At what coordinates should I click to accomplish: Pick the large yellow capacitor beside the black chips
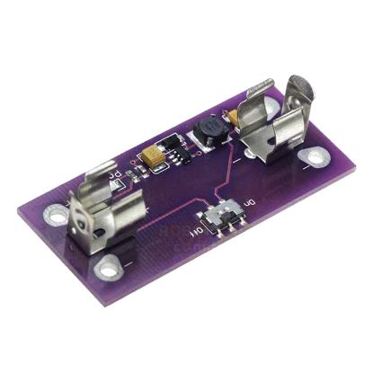coord(155,159)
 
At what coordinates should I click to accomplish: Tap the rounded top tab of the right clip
coord(301,89)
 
